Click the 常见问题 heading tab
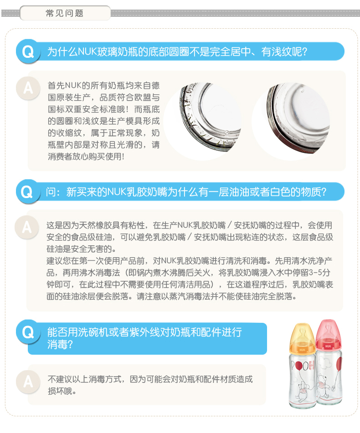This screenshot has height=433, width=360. coord(65,13)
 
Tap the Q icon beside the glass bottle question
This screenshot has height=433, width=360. coord(28,52)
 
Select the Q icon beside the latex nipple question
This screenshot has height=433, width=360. coord(27,192)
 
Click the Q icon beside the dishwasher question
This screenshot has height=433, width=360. coord(28,332)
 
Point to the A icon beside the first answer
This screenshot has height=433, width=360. coord(28,88)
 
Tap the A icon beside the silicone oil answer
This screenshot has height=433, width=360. coord(27,228)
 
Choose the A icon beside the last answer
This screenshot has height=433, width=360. coord(28,382)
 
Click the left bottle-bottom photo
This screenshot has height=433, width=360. coord(203,121)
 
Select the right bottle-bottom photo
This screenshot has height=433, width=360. coord(291,121)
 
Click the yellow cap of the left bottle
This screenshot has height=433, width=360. coord(302,337)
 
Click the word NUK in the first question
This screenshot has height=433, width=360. coord(87,51)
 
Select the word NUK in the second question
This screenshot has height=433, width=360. coord(117,192)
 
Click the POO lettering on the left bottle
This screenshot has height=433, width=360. coord(299,366)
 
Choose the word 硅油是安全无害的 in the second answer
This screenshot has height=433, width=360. coord(79,249)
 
